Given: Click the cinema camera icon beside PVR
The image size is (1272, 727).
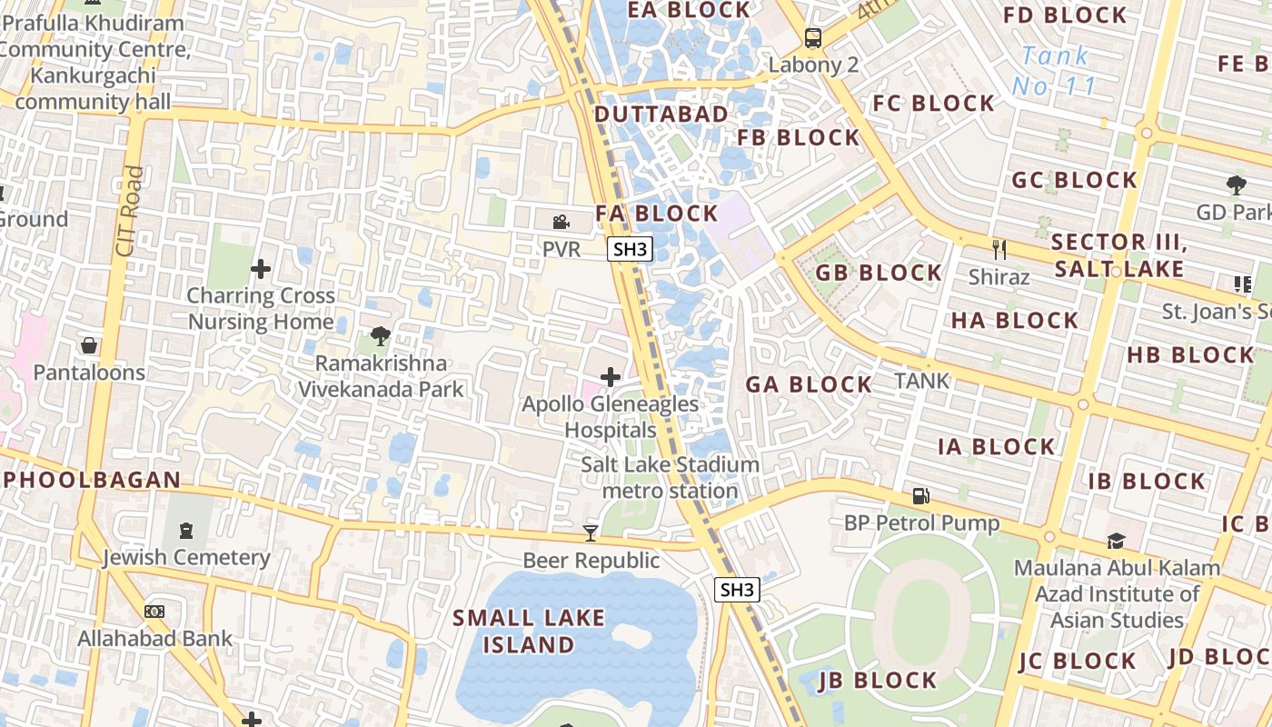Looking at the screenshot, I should click(561, 221).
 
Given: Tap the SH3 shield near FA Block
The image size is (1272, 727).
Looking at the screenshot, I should click(630, 250).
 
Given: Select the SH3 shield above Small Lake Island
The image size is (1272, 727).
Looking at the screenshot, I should click(737, 590).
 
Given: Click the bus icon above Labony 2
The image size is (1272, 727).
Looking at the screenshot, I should click(812, 38).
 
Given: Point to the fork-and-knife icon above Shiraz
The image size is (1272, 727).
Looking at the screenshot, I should click(999, 248).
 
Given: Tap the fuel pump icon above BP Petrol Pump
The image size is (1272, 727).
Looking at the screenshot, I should click(921, 496).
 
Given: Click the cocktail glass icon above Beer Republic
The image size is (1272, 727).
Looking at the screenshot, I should click(591, 533).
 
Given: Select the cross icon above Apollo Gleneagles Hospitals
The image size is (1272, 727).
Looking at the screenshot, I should click(611, 376).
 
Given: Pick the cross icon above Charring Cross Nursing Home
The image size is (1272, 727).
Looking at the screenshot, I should click(261, 269).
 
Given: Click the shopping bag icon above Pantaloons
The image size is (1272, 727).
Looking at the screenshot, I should click(89, 345).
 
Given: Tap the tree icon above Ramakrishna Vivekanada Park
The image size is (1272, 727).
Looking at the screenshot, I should click(381, 336).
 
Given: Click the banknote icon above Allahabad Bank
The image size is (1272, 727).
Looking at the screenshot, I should click(154, 612).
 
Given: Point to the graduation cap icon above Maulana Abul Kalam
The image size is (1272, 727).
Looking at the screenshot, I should click(1116, 541).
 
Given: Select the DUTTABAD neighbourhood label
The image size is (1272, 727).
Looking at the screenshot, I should click(661, 115).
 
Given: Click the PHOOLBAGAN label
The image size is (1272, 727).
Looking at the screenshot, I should click(91, 479).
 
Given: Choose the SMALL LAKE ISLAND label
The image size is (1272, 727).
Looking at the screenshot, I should click(529, 631).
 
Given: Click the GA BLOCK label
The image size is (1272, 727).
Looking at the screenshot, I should click(809, 384).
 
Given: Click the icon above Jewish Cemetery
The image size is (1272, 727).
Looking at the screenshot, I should click(186, 530).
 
